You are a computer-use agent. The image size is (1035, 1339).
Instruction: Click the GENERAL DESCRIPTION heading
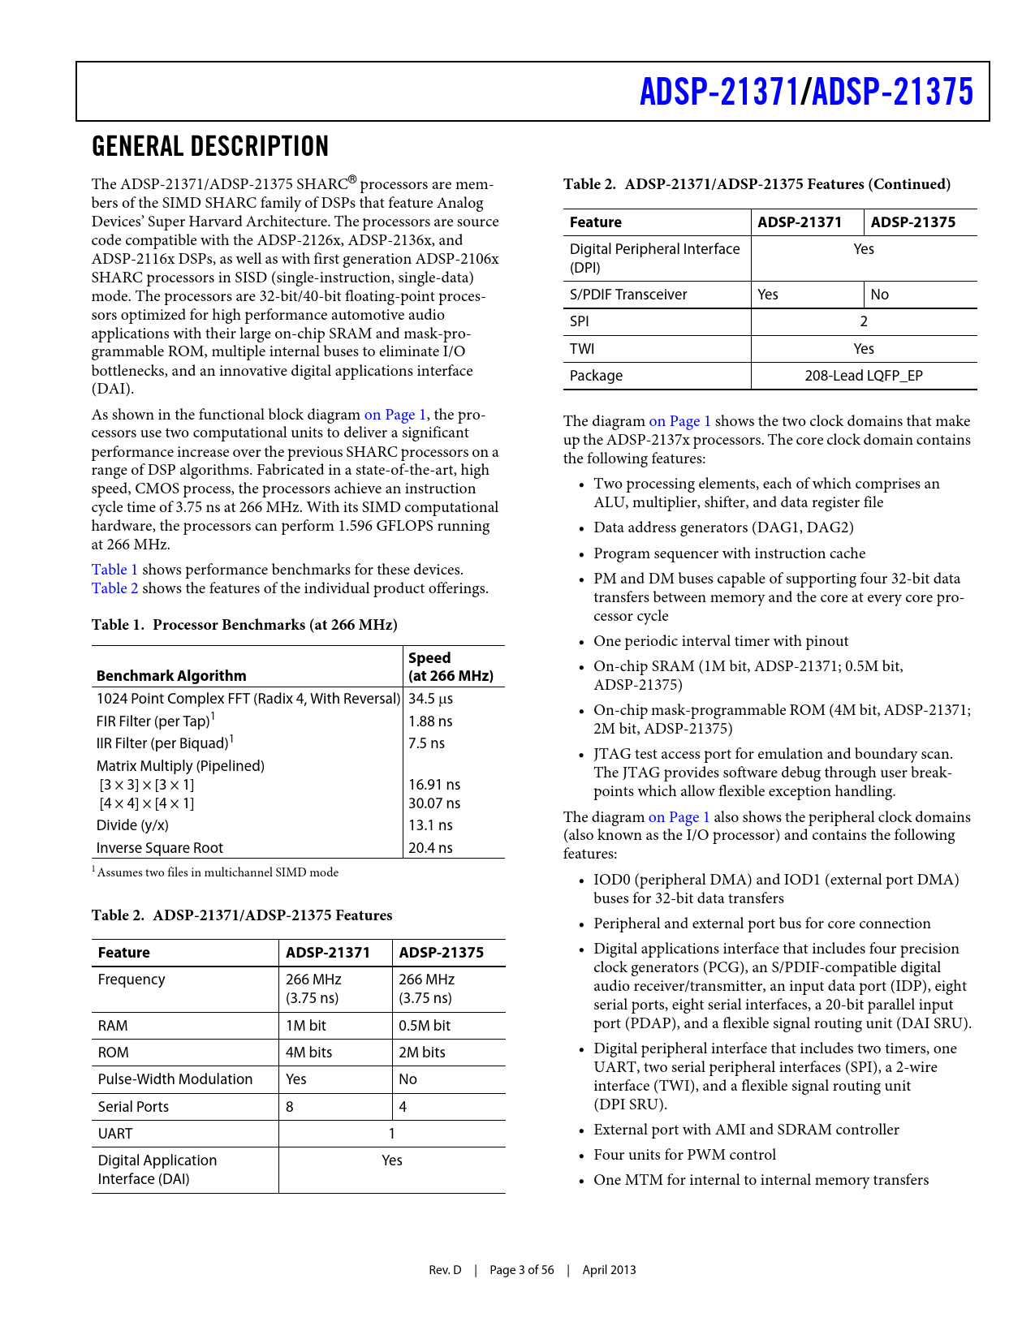pos(210,147)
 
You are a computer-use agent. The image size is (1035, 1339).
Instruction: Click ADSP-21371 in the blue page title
pos(719,92)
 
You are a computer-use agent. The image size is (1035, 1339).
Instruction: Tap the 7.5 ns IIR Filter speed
pos(426,743)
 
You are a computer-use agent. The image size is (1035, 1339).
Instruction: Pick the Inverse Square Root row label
pos(160,848)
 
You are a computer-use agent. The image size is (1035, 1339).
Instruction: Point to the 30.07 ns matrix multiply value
pos(433,803)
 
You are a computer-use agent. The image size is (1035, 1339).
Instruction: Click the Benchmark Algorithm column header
pos(171,676)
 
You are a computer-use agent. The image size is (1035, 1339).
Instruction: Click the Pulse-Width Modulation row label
pos(175,1079)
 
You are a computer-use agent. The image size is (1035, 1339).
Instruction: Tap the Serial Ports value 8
pos(290,1107)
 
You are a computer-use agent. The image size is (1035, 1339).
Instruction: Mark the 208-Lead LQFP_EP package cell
pos(864,376)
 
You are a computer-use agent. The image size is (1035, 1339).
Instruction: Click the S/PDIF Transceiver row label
pos(628,295)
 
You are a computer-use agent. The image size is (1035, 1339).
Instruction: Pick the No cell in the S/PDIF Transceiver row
pos(880,295)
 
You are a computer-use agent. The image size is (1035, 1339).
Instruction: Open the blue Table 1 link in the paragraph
pos(114,570)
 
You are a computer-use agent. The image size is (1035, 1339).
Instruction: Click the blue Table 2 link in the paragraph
pos(114,588)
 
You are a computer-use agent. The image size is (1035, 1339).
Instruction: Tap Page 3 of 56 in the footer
pos(522,1270)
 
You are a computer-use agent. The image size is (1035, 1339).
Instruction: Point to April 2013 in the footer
pos(609,1270)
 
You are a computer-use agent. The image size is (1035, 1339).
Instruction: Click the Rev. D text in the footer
pos(445,1270)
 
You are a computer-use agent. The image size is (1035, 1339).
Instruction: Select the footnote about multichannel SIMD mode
pos(216,873)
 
